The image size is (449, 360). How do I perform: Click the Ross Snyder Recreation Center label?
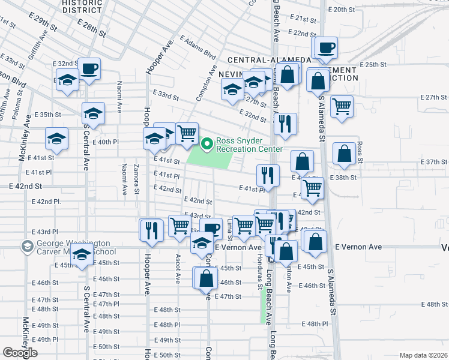coord(249,145)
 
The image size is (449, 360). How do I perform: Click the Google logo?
coord(20,353)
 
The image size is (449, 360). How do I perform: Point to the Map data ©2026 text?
coord(423,355)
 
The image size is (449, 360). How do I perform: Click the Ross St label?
coord(360,151)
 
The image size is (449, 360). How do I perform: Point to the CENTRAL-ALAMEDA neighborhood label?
coord(269,60)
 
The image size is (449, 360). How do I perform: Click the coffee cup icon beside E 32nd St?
coord(90,68)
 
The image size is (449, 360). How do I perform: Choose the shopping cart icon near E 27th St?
coord(342,106)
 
